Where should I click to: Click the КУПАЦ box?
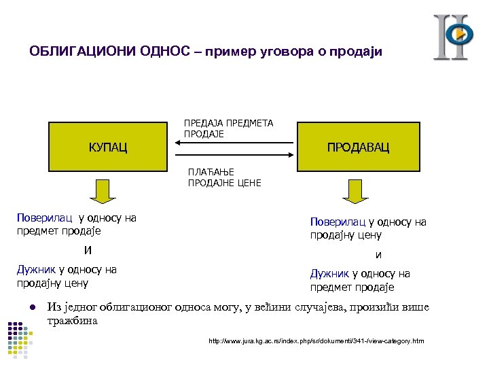click(108, 147)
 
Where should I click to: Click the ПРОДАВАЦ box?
click(358, 147)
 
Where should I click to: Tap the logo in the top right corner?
click(452, 37)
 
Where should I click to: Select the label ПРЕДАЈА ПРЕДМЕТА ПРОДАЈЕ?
click(228, 128)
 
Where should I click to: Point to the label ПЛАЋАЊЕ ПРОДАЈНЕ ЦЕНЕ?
click(224, 178)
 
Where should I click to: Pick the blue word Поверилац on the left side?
click(45, 218)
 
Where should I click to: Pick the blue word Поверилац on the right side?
click(338, 222)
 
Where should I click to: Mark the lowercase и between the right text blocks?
click(379, 255)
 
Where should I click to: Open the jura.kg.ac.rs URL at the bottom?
click(316, 340)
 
